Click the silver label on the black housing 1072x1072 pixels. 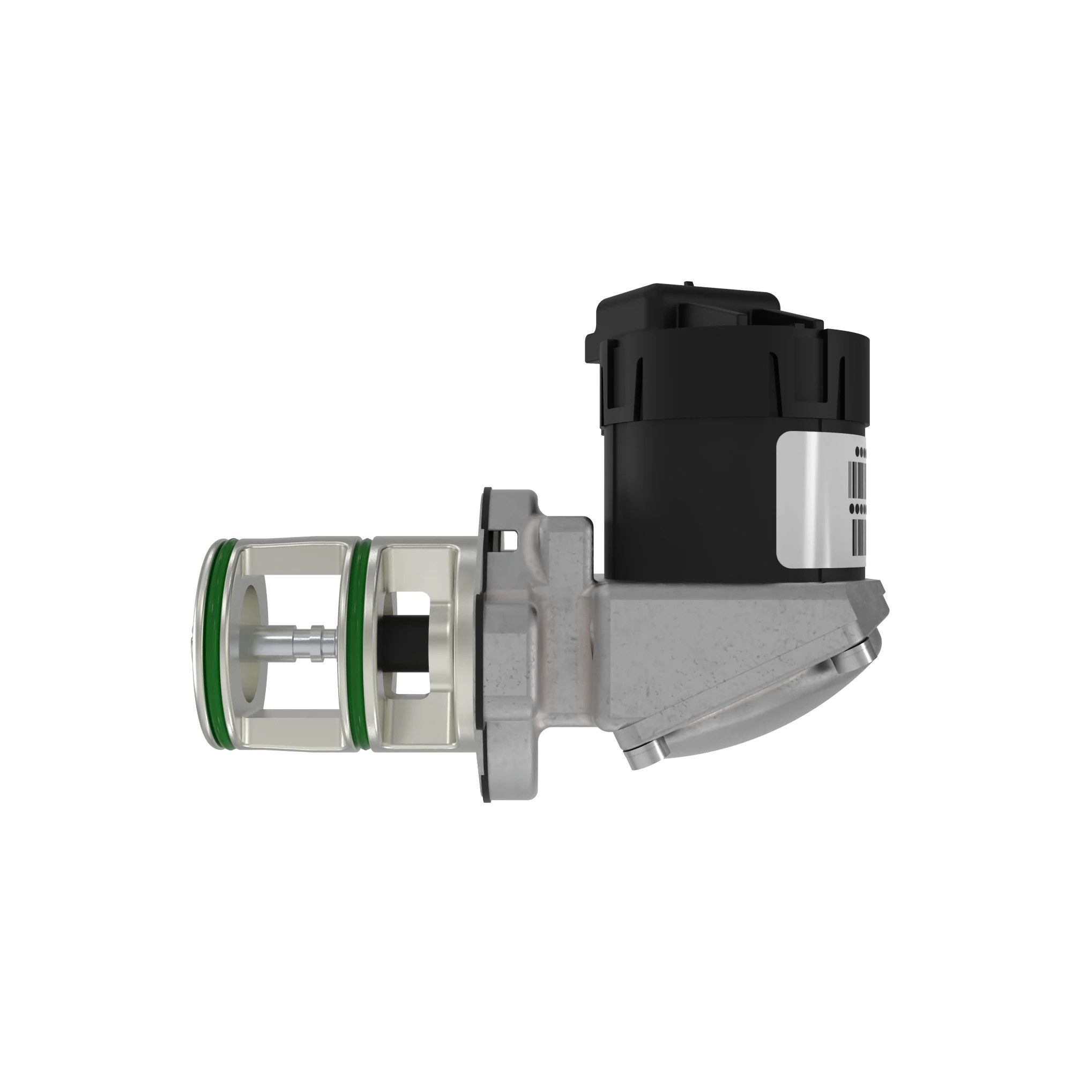pos(816,477)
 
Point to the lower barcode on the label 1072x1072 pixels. pos(857,535)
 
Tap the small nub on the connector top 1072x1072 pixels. pos(688,285)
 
